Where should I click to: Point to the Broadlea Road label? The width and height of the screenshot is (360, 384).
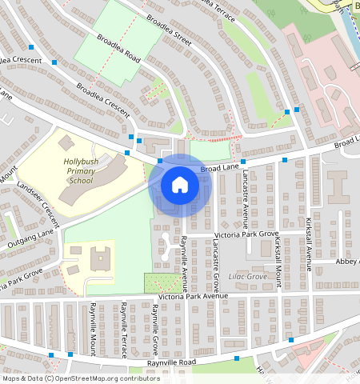(118, 49)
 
